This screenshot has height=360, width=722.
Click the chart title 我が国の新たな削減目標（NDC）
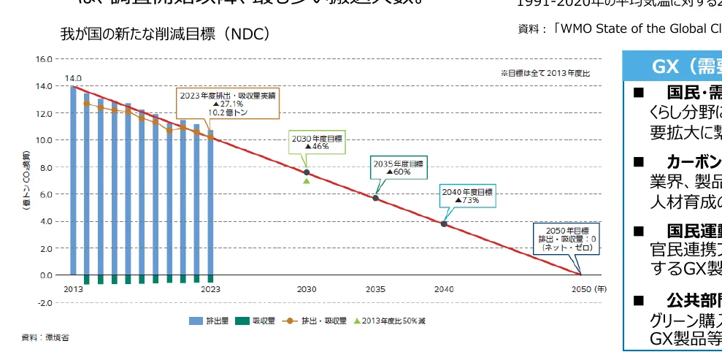click(x=166, y=34)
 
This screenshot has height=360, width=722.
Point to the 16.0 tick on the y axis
click(x=44, y=58)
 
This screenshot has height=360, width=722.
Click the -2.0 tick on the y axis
click(x=44, y=302)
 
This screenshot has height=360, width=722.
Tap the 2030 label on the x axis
click(x=307, y=289)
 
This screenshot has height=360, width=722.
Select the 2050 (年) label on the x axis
click(x=586, y=289)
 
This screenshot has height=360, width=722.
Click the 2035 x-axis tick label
click(x=375, y=289)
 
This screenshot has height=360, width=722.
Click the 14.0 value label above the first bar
click(x=73, y=77)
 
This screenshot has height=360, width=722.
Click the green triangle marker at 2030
click(x=307, y=180)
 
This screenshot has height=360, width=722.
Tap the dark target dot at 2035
click(x=375, y=198)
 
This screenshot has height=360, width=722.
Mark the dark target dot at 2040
click(x=444, y=223)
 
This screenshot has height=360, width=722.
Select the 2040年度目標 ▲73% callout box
click(x=467, y=195)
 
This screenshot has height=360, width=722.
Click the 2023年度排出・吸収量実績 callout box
click(x=226, y=104)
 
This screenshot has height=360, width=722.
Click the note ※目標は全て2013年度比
click(x=545, y=73)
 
